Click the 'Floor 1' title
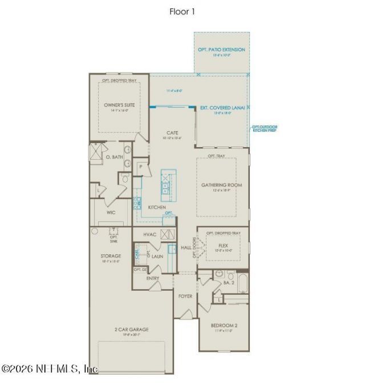182,11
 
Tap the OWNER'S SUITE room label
119,105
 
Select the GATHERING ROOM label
222,185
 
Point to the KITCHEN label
157,207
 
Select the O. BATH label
115,156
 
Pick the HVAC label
149,234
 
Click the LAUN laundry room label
157,257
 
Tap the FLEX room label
224,246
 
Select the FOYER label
185,296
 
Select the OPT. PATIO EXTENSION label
222,50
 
